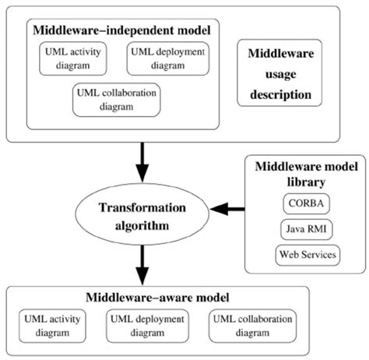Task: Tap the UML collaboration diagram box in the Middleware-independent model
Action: (117, 100)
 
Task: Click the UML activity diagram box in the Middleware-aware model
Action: (55, 326)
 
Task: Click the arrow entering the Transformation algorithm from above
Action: (142, 165)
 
